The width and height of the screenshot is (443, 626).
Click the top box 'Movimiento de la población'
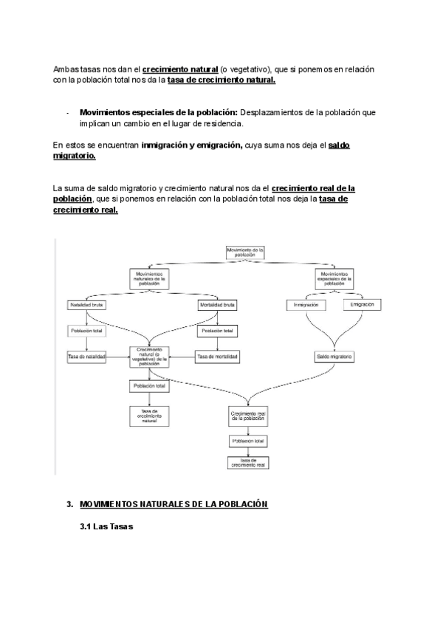[x=246, y=252]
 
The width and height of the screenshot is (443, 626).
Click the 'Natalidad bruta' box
[x=88, y=305]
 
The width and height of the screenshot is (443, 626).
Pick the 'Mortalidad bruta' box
[x=217, y=305]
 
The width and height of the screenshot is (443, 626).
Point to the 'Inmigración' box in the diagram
[x=306, y=305]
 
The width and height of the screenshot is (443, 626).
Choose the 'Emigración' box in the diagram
[x=362, y=305]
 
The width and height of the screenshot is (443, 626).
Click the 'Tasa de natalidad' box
[x=87, y=357]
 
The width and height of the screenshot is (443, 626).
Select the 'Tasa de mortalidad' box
[x=217, y=357]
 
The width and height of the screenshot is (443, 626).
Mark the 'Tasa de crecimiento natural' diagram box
[x=150, y=415]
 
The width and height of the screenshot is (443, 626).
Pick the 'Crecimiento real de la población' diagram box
[x=247, y=416]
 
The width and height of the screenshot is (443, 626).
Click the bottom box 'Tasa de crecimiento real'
[x=247, y=463]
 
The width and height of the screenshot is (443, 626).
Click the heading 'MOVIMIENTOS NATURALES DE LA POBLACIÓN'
[x=174, y=504]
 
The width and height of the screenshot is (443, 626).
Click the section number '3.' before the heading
[x=69, y=504]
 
